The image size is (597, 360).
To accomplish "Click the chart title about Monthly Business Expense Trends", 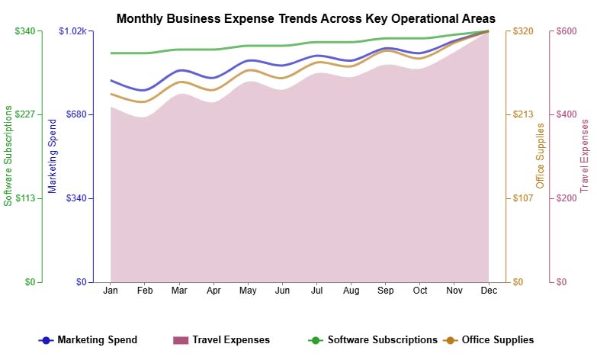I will [x=306, y=18].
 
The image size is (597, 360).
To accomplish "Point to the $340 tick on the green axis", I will [x=25, y=31].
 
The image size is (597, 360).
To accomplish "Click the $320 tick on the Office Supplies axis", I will [x=522, y=31].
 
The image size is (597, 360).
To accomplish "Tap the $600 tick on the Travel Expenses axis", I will [x=566, y=31].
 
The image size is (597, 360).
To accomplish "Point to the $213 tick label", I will [x=522, y=114].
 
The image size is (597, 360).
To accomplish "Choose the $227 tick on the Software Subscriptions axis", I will [x=25, y=114].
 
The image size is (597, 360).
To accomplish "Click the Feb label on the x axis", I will [x=145, y=291].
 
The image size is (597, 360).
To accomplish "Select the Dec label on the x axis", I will [x=489, y=291].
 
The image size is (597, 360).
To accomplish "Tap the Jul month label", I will [x=316, y=291].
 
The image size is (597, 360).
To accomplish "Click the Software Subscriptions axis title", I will [x=8, y=156].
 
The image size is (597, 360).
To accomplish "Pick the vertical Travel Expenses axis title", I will [x=585, y=156].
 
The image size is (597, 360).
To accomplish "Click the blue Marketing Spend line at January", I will [x=111, y=80].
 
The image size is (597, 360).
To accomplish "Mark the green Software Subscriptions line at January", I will [x=111, y=53].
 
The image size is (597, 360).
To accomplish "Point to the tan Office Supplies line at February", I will [x=145, y=101].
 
